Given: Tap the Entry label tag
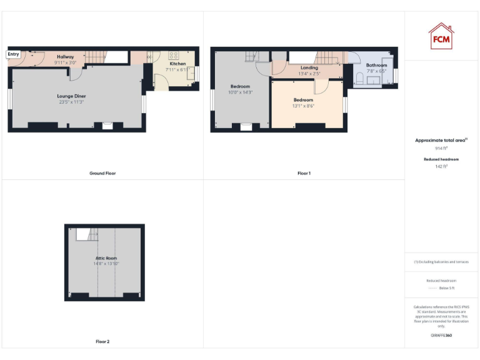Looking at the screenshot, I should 13,54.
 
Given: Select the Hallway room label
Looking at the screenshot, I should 66,57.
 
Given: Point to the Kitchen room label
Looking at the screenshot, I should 177,64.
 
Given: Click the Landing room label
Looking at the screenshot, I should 309,67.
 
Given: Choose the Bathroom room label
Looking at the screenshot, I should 376,65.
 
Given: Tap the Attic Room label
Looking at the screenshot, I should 106,258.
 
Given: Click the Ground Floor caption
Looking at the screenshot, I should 103,173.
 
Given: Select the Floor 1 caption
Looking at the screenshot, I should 304,173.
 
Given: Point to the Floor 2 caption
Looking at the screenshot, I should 102,342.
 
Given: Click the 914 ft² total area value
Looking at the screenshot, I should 441,149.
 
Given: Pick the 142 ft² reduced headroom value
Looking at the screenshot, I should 441,166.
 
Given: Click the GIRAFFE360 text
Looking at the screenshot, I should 441,336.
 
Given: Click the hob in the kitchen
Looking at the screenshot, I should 174,54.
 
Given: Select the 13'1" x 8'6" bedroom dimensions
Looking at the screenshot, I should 303,106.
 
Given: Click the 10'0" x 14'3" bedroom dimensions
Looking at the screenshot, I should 240,92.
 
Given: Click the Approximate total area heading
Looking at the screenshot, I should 441,141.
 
